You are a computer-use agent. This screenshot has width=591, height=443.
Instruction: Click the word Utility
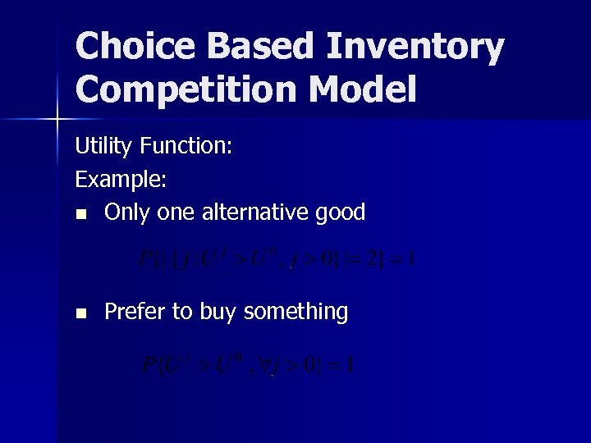pyautogui.click(x=105, y=148)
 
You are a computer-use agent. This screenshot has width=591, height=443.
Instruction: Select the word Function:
pyautogui.click(x=187, y=148)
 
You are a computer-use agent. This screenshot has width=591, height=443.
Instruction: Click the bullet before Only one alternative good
pyautogui.click(x=80, y=214)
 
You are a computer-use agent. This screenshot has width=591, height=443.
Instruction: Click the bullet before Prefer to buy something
pyautogui.click(x=80, y=313)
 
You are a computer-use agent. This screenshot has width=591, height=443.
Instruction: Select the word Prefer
pyautogui.click(x=134, y=312)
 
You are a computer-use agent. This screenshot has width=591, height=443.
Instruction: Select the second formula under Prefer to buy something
pyautogui.click(x=249, y=363)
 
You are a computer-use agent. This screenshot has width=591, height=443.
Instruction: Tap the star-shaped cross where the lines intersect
pyautogui.click(x=57, y=120)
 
